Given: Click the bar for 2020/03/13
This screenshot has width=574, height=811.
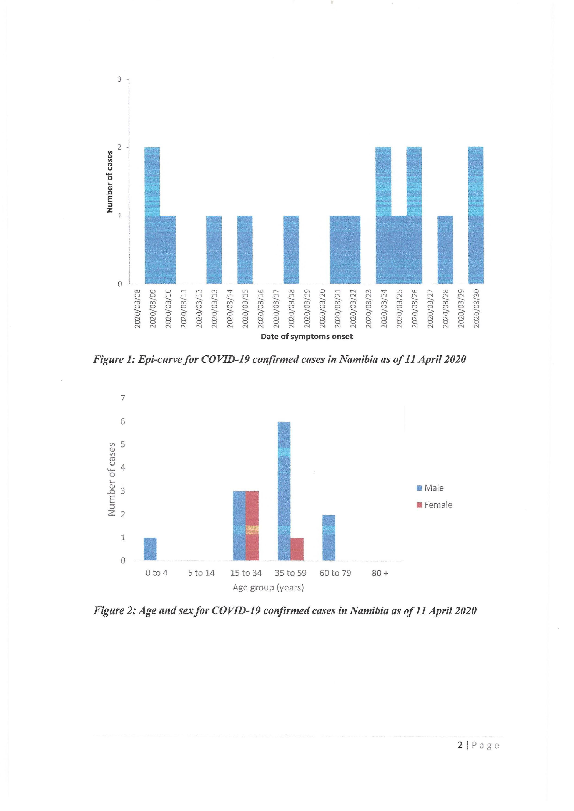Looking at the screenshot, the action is [214, 250].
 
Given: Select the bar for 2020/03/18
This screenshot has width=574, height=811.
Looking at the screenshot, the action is [291, 250].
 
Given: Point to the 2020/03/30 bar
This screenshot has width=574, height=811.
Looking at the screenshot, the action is [476, 215].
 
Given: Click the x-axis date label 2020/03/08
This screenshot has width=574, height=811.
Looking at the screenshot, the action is [137, 308].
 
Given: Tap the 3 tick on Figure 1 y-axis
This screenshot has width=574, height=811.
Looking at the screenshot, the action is [119, 79].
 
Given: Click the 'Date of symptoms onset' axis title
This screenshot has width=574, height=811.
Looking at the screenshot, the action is [307, 337].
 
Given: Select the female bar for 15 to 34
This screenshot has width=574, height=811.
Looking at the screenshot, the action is [252, 525].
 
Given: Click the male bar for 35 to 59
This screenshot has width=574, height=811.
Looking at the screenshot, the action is [284, 491].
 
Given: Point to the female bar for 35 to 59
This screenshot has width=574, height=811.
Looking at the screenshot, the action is [297, 549].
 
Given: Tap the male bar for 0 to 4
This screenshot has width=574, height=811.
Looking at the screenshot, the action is [150, 549].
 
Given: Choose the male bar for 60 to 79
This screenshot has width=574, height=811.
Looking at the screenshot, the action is [329, 538].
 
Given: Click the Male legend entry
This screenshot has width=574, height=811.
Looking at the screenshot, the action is [430, 488].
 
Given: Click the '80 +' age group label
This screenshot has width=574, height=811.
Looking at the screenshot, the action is [380, 573].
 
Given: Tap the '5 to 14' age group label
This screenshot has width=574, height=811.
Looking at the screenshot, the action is [201, 573].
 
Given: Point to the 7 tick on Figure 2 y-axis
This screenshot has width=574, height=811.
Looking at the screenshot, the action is [123, 398].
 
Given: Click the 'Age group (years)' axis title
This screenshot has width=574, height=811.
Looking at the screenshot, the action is [268, 588].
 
